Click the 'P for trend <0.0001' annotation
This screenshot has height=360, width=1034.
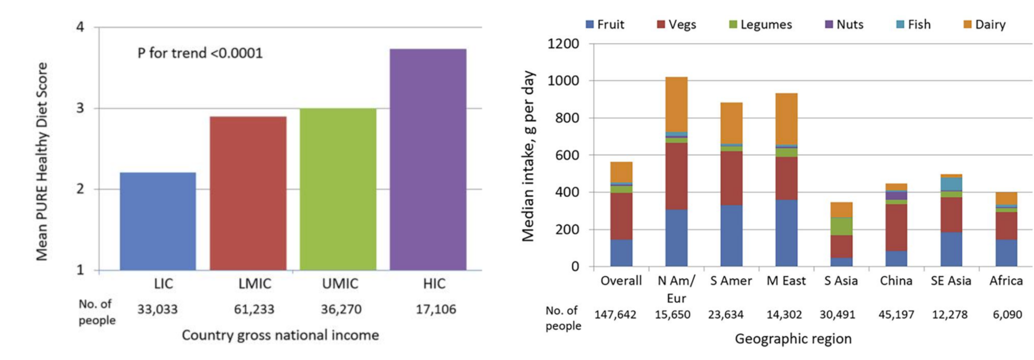click(200, 53)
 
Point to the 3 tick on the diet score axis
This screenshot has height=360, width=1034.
click(80, 108)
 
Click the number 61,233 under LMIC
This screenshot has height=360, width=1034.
click(254, 309)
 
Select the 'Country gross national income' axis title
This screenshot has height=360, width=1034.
click(280, 335)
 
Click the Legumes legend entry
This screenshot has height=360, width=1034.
click(760, 25)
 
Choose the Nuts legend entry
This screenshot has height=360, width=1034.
click(844, 25)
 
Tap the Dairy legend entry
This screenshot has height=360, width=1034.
click(984, 25)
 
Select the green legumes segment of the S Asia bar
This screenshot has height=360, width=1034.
click(841, 226)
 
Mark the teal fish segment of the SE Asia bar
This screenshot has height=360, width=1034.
click(951, 184)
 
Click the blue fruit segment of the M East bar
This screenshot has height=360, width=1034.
click(786, 233)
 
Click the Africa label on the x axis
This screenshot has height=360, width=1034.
click(1006, 281)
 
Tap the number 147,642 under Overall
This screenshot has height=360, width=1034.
click(615, 314)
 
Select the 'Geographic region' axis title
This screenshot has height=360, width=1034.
click(793, 339)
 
